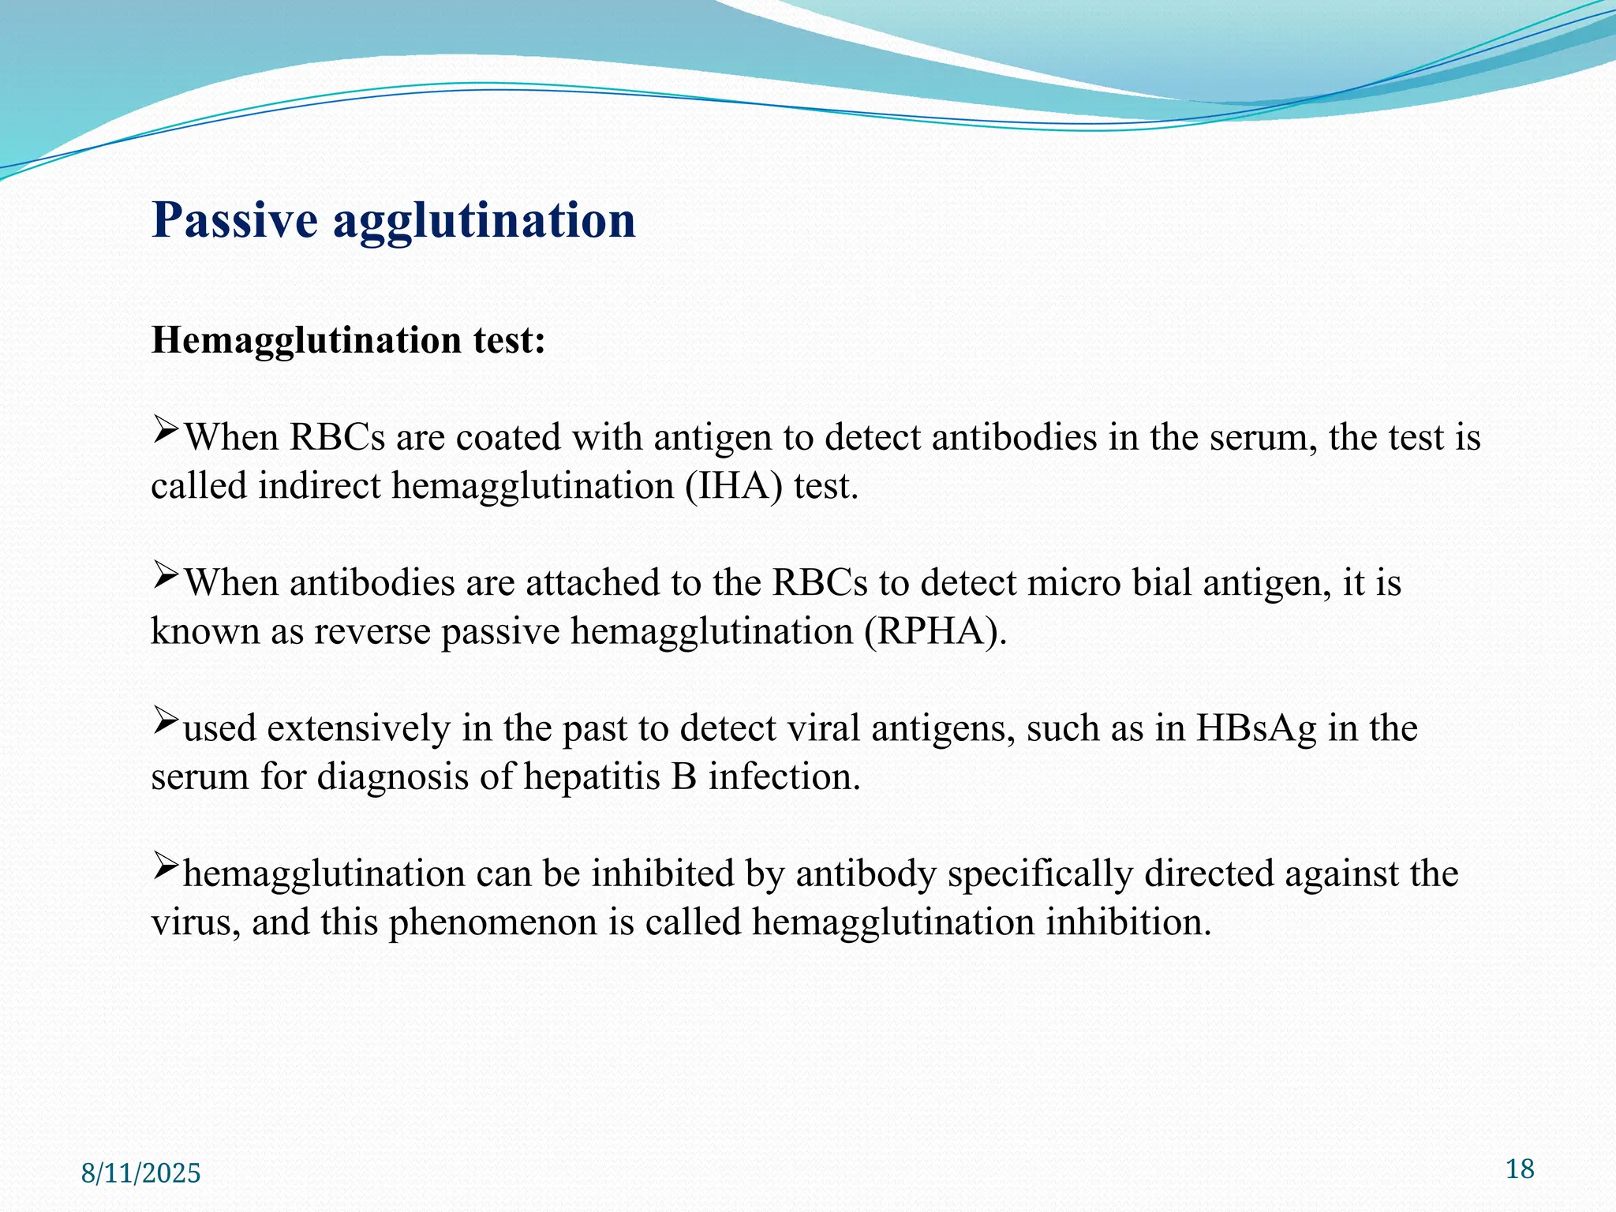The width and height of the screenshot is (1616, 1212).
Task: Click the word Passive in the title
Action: tap(234, 220)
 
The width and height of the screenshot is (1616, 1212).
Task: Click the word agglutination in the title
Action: tap(484, 222)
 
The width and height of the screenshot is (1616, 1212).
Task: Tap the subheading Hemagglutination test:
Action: tap(348, 341)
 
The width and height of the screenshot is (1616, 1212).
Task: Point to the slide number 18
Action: tap(1520, 1169)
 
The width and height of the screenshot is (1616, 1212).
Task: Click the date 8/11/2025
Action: tap(141, 1173)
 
